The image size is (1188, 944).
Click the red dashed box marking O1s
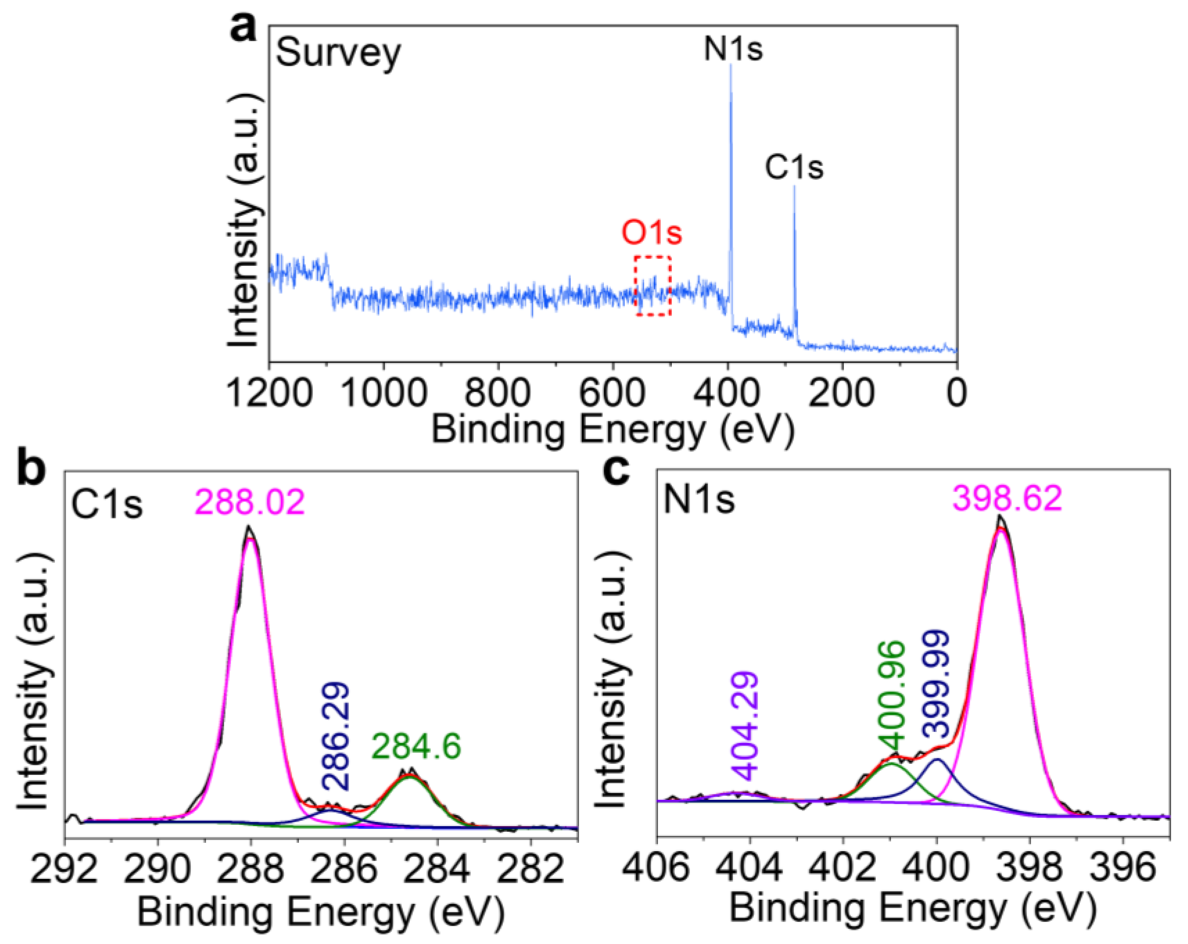(653, 286)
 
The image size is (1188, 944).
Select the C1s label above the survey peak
(793, 168)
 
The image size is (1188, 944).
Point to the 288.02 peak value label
(249, 503)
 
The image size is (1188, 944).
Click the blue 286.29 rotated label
(335, 736)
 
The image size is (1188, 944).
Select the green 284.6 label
(416, 747)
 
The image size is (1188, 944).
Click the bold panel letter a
(244, 29)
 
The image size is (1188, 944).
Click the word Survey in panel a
(338, 54)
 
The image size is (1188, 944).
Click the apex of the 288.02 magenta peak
(250, 528)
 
